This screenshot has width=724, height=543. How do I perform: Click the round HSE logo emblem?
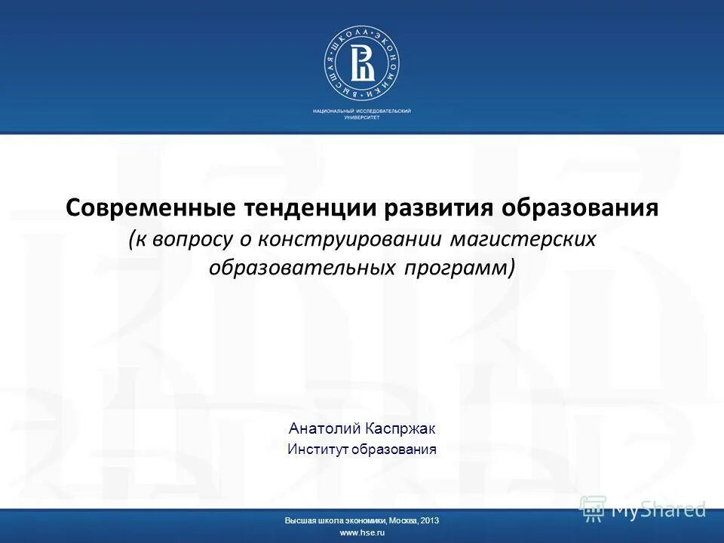pos(362,64)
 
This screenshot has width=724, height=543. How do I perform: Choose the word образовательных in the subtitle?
pos(309,267)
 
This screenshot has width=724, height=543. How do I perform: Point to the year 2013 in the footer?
pos(429,520)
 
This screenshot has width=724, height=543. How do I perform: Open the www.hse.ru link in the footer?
pos(362,533)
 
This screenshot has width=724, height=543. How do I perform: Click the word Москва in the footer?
pos(403,520)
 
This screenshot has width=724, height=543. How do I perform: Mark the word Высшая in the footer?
pos(299,520)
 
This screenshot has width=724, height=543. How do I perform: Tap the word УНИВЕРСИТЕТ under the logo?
pos(362,118)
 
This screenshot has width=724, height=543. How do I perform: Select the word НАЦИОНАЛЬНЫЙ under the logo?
pos(333,111)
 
